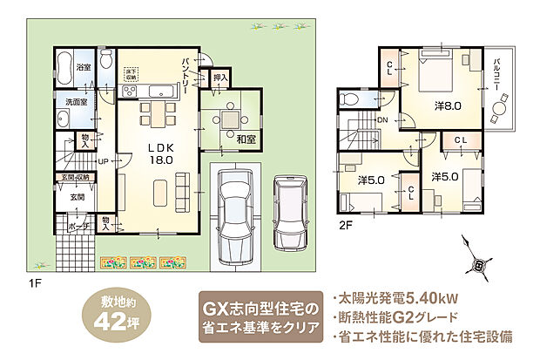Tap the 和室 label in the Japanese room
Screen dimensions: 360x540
233,137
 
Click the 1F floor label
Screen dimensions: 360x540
36,282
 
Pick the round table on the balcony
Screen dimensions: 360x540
500,112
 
